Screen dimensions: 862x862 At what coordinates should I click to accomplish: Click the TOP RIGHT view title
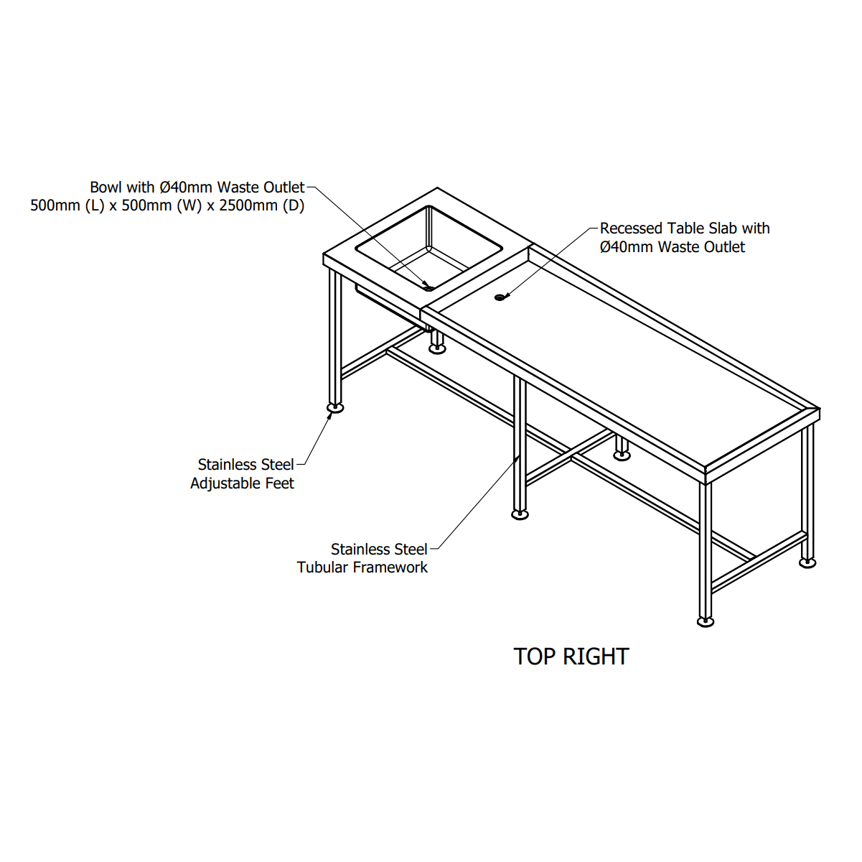(x=571, y=657)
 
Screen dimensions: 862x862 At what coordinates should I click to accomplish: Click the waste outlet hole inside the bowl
(x=428, y=288)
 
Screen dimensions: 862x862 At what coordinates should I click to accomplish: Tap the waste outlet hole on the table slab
(x=500, y=297)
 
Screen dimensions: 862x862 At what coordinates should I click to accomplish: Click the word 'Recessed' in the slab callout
(x=631, y=228)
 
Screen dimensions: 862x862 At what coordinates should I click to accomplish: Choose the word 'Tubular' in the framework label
(x=323, y=567)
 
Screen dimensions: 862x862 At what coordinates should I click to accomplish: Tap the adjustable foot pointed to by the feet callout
(x=335, y=407)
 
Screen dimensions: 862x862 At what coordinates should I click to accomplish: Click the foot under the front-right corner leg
(x=706, y=621)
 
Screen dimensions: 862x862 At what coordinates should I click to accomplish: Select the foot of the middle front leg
(x=520, y=515)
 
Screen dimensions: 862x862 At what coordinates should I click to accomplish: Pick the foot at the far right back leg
(x=807, y=563)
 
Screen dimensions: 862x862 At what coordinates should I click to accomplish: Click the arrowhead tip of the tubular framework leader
(x=519, y=455)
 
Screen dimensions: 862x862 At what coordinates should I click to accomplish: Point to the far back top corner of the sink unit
(x=437, y=187)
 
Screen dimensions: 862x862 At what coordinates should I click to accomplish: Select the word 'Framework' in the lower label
(x=390, y=567)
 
